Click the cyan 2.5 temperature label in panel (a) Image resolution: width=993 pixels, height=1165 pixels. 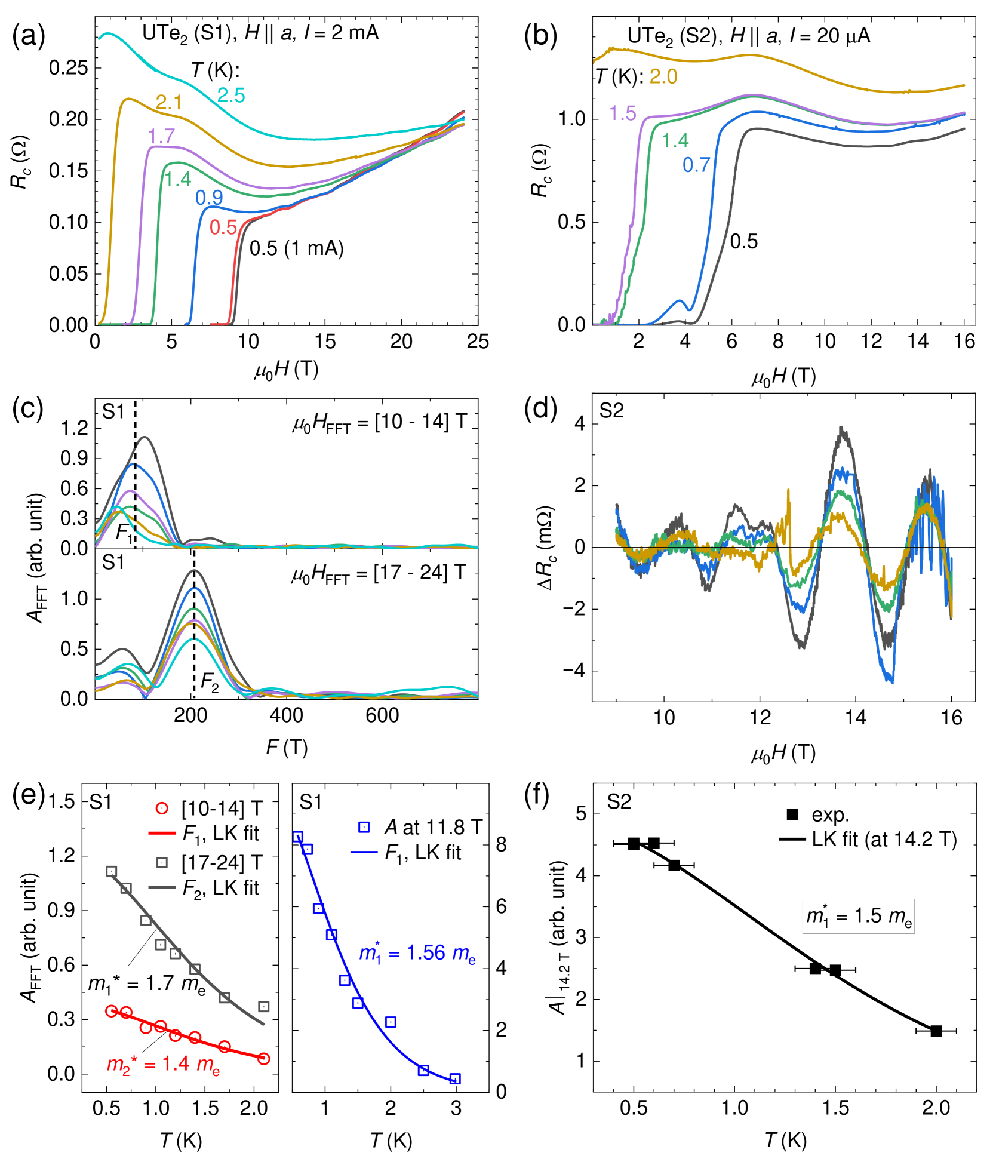(x=230, y=96)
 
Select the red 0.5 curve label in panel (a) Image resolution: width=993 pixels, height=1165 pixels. (x=223, y=228)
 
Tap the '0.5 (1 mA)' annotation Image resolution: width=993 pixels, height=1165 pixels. (x=296, y=248)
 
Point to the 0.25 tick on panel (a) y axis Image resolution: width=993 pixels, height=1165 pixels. (x=68, y=67)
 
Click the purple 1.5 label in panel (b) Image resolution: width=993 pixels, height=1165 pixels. (x=622, y=113)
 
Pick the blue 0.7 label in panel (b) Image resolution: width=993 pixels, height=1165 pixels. (x=696, y=165)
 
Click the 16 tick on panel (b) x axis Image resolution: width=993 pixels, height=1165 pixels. (x=964, y=342)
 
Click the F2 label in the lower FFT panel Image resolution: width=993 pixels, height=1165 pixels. (x=210, y=682)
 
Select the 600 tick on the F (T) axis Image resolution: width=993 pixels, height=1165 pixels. (x=382, y=715)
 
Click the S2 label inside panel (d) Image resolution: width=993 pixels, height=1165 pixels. (x=611, y=411)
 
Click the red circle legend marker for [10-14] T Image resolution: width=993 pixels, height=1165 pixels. (x=161, y=809)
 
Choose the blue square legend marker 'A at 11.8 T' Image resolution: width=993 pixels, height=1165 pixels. (x=364, y=828)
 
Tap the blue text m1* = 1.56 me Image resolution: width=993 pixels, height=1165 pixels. (x=417, y=954)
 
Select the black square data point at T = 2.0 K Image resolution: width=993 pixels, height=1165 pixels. (x=936, y=1031)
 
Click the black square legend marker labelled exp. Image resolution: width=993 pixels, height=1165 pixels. (x=792, y=814)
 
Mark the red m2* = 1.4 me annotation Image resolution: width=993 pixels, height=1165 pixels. (x=163, y=1064)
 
